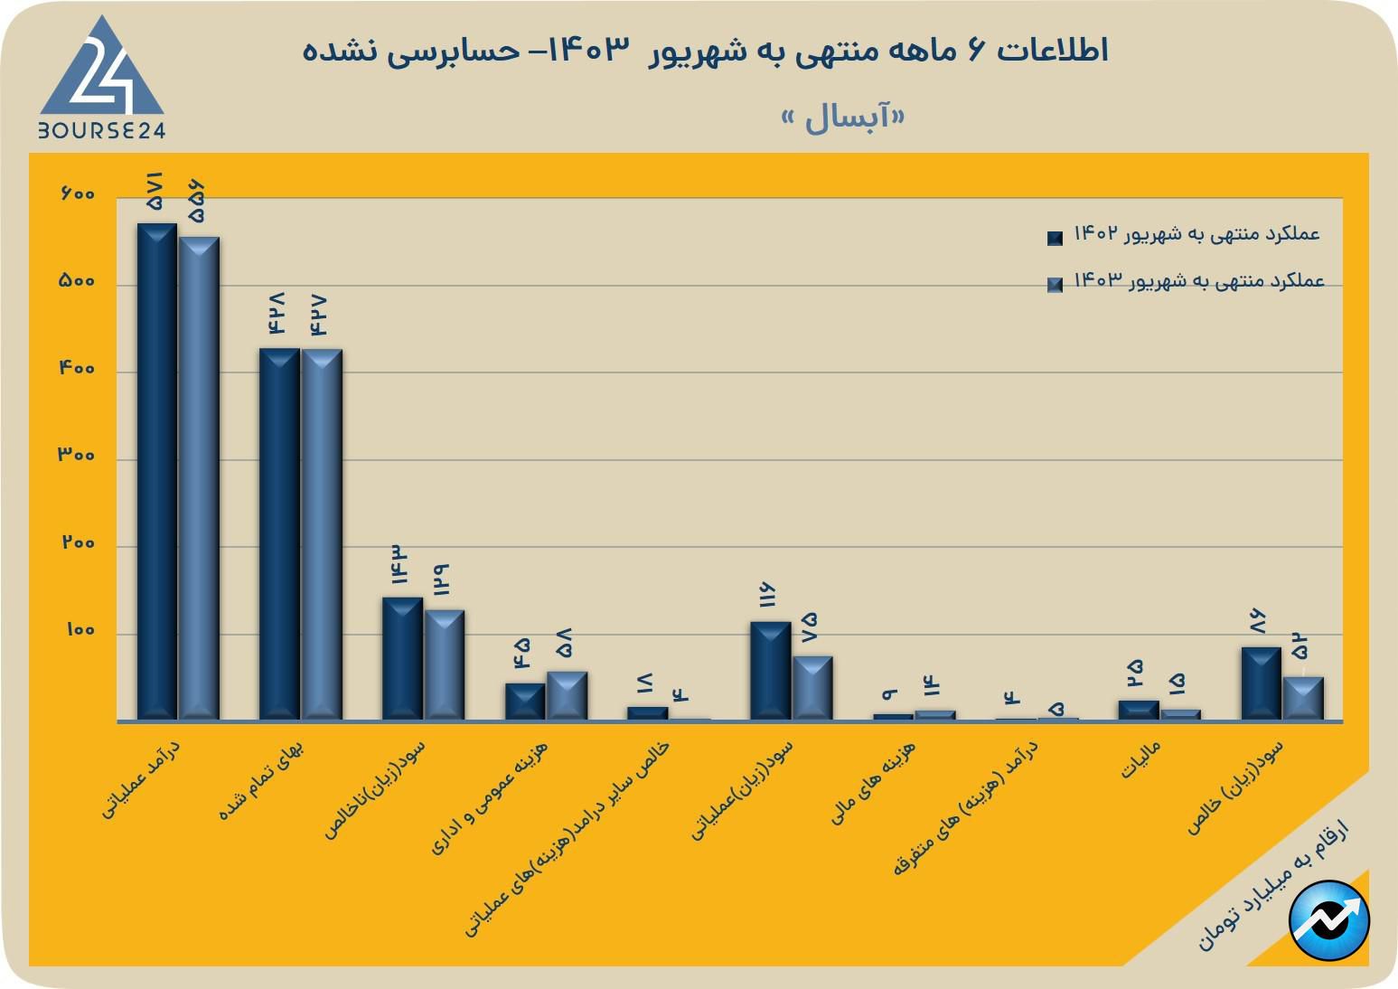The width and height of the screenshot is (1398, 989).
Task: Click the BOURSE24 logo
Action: pos(102,80)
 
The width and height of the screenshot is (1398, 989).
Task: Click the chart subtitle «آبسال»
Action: pos(842,118)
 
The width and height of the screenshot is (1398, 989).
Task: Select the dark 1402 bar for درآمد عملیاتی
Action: pos(157,470)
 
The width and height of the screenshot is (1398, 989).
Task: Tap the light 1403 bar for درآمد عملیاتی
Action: pos(199,477)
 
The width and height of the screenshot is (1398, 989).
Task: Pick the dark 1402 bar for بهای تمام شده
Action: pos(279,533)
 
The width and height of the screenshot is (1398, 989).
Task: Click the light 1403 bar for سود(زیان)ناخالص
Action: pos(445,664)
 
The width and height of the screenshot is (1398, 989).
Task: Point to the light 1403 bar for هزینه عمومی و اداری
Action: pos(567,695)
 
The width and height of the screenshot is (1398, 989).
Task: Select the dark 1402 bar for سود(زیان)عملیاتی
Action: pos(770,670)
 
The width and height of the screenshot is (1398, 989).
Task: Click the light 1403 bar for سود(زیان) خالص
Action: pos(1303,698)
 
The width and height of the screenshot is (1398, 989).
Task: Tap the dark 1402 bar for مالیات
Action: pos(1138,710)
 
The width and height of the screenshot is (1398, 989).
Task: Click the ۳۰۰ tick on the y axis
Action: pos(77,456)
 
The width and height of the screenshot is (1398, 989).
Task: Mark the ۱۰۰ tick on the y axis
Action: pos(80,630)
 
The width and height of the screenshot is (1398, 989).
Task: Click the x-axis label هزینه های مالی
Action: pos(874,782)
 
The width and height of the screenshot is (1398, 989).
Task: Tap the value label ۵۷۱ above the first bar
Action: pos(155,192)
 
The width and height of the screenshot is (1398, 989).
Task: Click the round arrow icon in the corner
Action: pos(1329,920)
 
